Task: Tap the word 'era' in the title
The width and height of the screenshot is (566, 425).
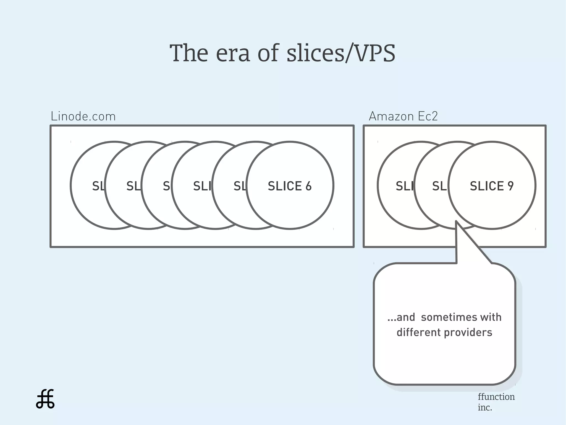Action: pos(233,53)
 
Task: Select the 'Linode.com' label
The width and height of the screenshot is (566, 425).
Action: pos(83,116)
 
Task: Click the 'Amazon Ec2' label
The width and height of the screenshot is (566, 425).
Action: pos(403,116)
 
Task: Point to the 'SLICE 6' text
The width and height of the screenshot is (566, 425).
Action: pos(290,186)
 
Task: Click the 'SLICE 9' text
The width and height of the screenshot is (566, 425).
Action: pos(492,186)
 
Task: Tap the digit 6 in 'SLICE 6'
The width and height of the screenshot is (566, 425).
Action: pos(308,186)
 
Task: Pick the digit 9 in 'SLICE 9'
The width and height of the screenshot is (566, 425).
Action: pos(510,186)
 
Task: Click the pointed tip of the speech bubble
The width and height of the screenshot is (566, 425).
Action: pos(456,222)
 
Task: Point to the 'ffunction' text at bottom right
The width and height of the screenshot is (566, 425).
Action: pos(496,397)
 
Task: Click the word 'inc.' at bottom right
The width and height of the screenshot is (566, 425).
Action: pos(485,408)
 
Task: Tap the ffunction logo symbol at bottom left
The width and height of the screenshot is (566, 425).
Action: pos(45,399)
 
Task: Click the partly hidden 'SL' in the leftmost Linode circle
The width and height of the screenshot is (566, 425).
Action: pos(98,186)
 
